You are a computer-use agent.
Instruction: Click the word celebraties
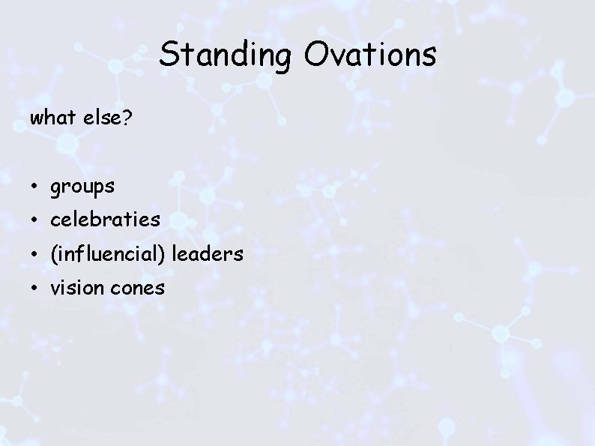(105, 220)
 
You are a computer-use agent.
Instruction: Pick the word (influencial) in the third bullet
(109, 255)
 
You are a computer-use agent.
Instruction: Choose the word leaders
(208, 254)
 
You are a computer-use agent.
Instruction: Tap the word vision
(76, 288)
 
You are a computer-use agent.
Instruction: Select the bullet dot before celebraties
(35, 220)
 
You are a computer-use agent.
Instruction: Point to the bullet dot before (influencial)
(35, 255)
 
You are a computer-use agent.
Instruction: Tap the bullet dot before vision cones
(35, 289)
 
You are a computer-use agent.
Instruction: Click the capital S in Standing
(169, 55)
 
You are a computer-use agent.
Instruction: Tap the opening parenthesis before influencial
(53, 255)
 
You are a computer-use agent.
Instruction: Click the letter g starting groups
(55, 188)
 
